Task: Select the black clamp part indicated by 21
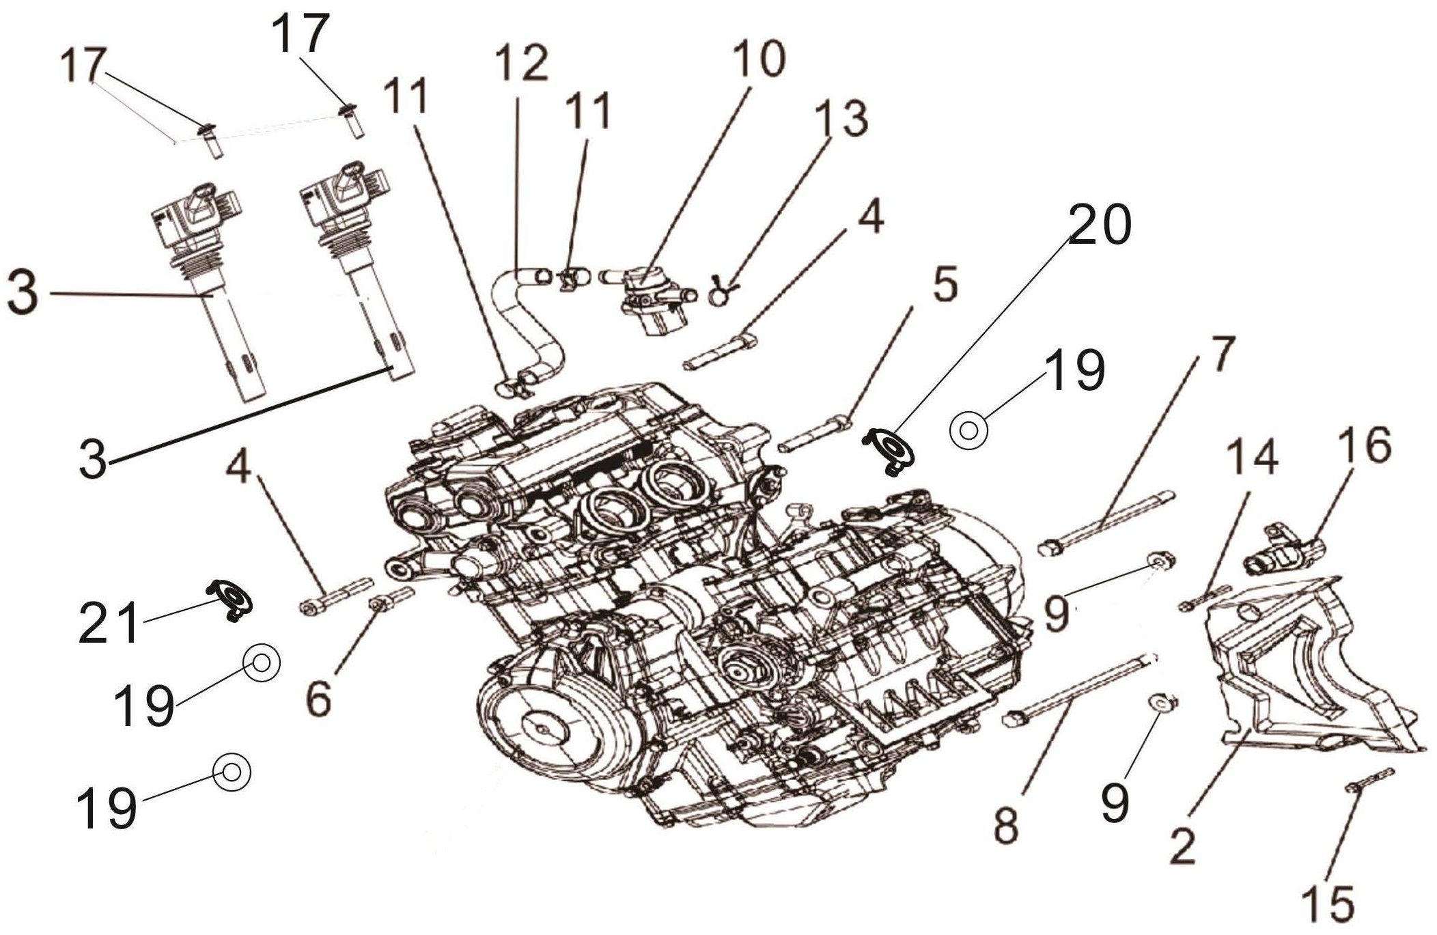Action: (x=231, y=599)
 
